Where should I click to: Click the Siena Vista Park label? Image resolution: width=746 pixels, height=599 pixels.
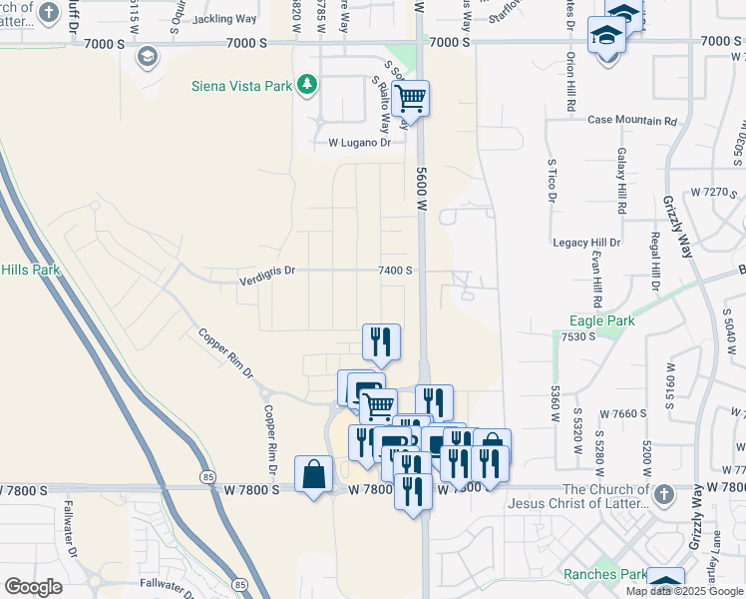click(242, 86)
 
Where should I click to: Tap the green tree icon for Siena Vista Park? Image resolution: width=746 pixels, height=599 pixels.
click(307, 85)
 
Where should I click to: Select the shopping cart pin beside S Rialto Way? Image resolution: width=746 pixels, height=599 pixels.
click(410, 100)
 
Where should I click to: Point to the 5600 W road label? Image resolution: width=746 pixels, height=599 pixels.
click(421, 185)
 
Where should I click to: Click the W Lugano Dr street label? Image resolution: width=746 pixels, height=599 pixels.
click(360, 143)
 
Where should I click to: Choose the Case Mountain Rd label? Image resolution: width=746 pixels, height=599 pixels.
click(631, 121)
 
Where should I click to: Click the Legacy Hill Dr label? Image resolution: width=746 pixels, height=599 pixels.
click(586, 243)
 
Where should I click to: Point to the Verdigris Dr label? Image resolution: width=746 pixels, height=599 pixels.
click(267, 270)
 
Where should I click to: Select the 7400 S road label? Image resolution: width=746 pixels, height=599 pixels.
click(395, 270)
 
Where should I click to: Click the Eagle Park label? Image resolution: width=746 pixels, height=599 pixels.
click(601, 321)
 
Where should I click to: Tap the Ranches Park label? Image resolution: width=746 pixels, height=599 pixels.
click(604, 574)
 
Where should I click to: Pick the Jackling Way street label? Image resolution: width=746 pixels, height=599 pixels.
click(224, 19)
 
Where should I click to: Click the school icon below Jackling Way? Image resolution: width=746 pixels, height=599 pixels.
click(149, 56)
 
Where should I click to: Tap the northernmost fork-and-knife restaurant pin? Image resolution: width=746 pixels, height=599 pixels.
click(381, 342)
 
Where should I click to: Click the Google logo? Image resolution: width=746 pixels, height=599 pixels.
click(33, 587)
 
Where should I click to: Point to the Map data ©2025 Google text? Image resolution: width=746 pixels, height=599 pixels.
click(683, 591)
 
